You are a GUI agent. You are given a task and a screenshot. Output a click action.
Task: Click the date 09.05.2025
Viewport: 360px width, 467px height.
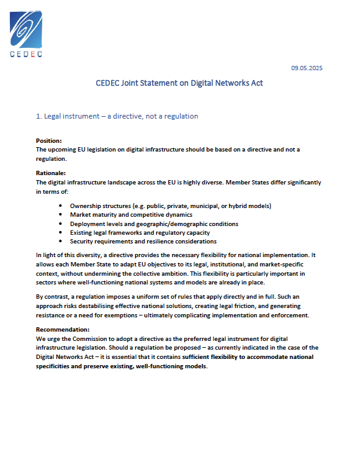coord(307,68)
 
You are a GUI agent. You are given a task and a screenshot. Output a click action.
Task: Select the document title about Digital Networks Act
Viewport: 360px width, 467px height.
coord(179,83)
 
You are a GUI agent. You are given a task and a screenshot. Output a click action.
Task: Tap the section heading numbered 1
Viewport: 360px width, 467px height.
coord(117,116)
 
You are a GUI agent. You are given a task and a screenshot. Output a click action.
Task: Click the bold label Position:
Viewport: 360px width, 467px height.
coord(49,141)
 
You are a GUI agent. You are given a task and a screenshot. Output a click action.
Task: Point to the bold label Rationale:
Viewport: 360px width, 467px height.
coord(51,173)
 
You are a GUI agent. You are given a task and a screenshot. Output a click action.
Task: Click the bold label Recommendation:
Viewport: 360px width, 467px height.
coord(63,329)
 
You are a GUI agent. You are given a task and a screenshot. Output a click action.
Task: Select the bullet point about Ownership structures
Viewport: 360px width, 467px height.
coord(171,206)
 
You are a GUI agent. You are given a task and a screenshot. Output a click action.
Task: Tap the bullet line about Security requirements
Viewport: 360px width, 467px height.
coord(143,241)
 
